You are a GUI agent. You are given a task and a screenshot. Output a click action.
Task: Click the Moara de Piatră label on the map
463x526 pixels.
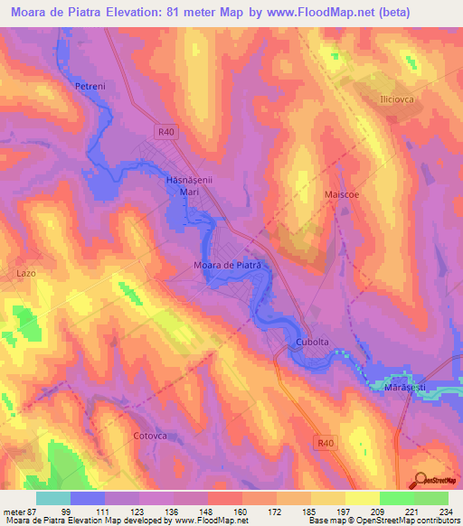point(227,265)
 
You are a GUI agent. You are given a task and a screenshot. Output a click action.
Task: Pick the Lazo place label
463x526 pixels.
point(25,271)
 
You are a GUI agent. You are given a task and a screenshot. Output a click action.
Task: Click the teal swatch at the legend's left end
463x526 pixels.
point(53,498)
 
